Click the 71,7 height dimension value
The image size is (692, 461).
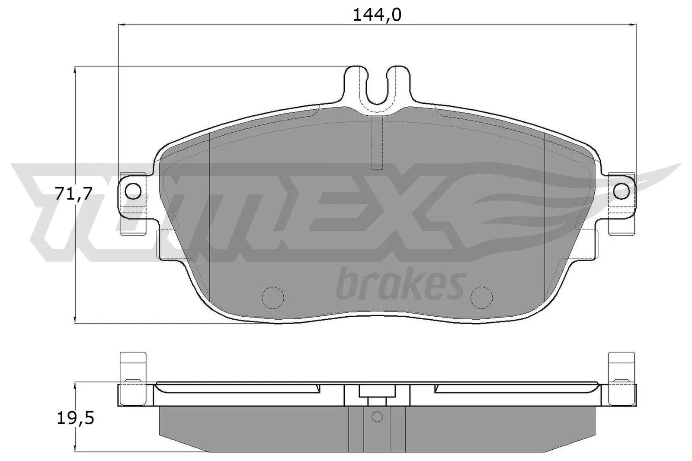[x=74, y=194]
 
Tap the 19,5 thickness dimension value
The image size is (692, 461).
[x=75, y=418]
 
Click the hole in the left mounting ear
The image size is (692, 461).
[x=134, y=190]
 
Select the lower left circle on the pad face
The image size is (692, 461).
[x=273, y=297]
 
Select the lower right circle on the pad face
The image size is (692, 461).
[x=482, y=297]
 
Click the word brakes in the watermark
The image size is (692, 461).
[x=400, y=285]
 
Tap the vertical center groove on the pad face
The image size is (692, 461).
[x=378, y=145]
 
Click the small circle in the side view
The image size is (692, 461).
[x=377, y=417]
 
